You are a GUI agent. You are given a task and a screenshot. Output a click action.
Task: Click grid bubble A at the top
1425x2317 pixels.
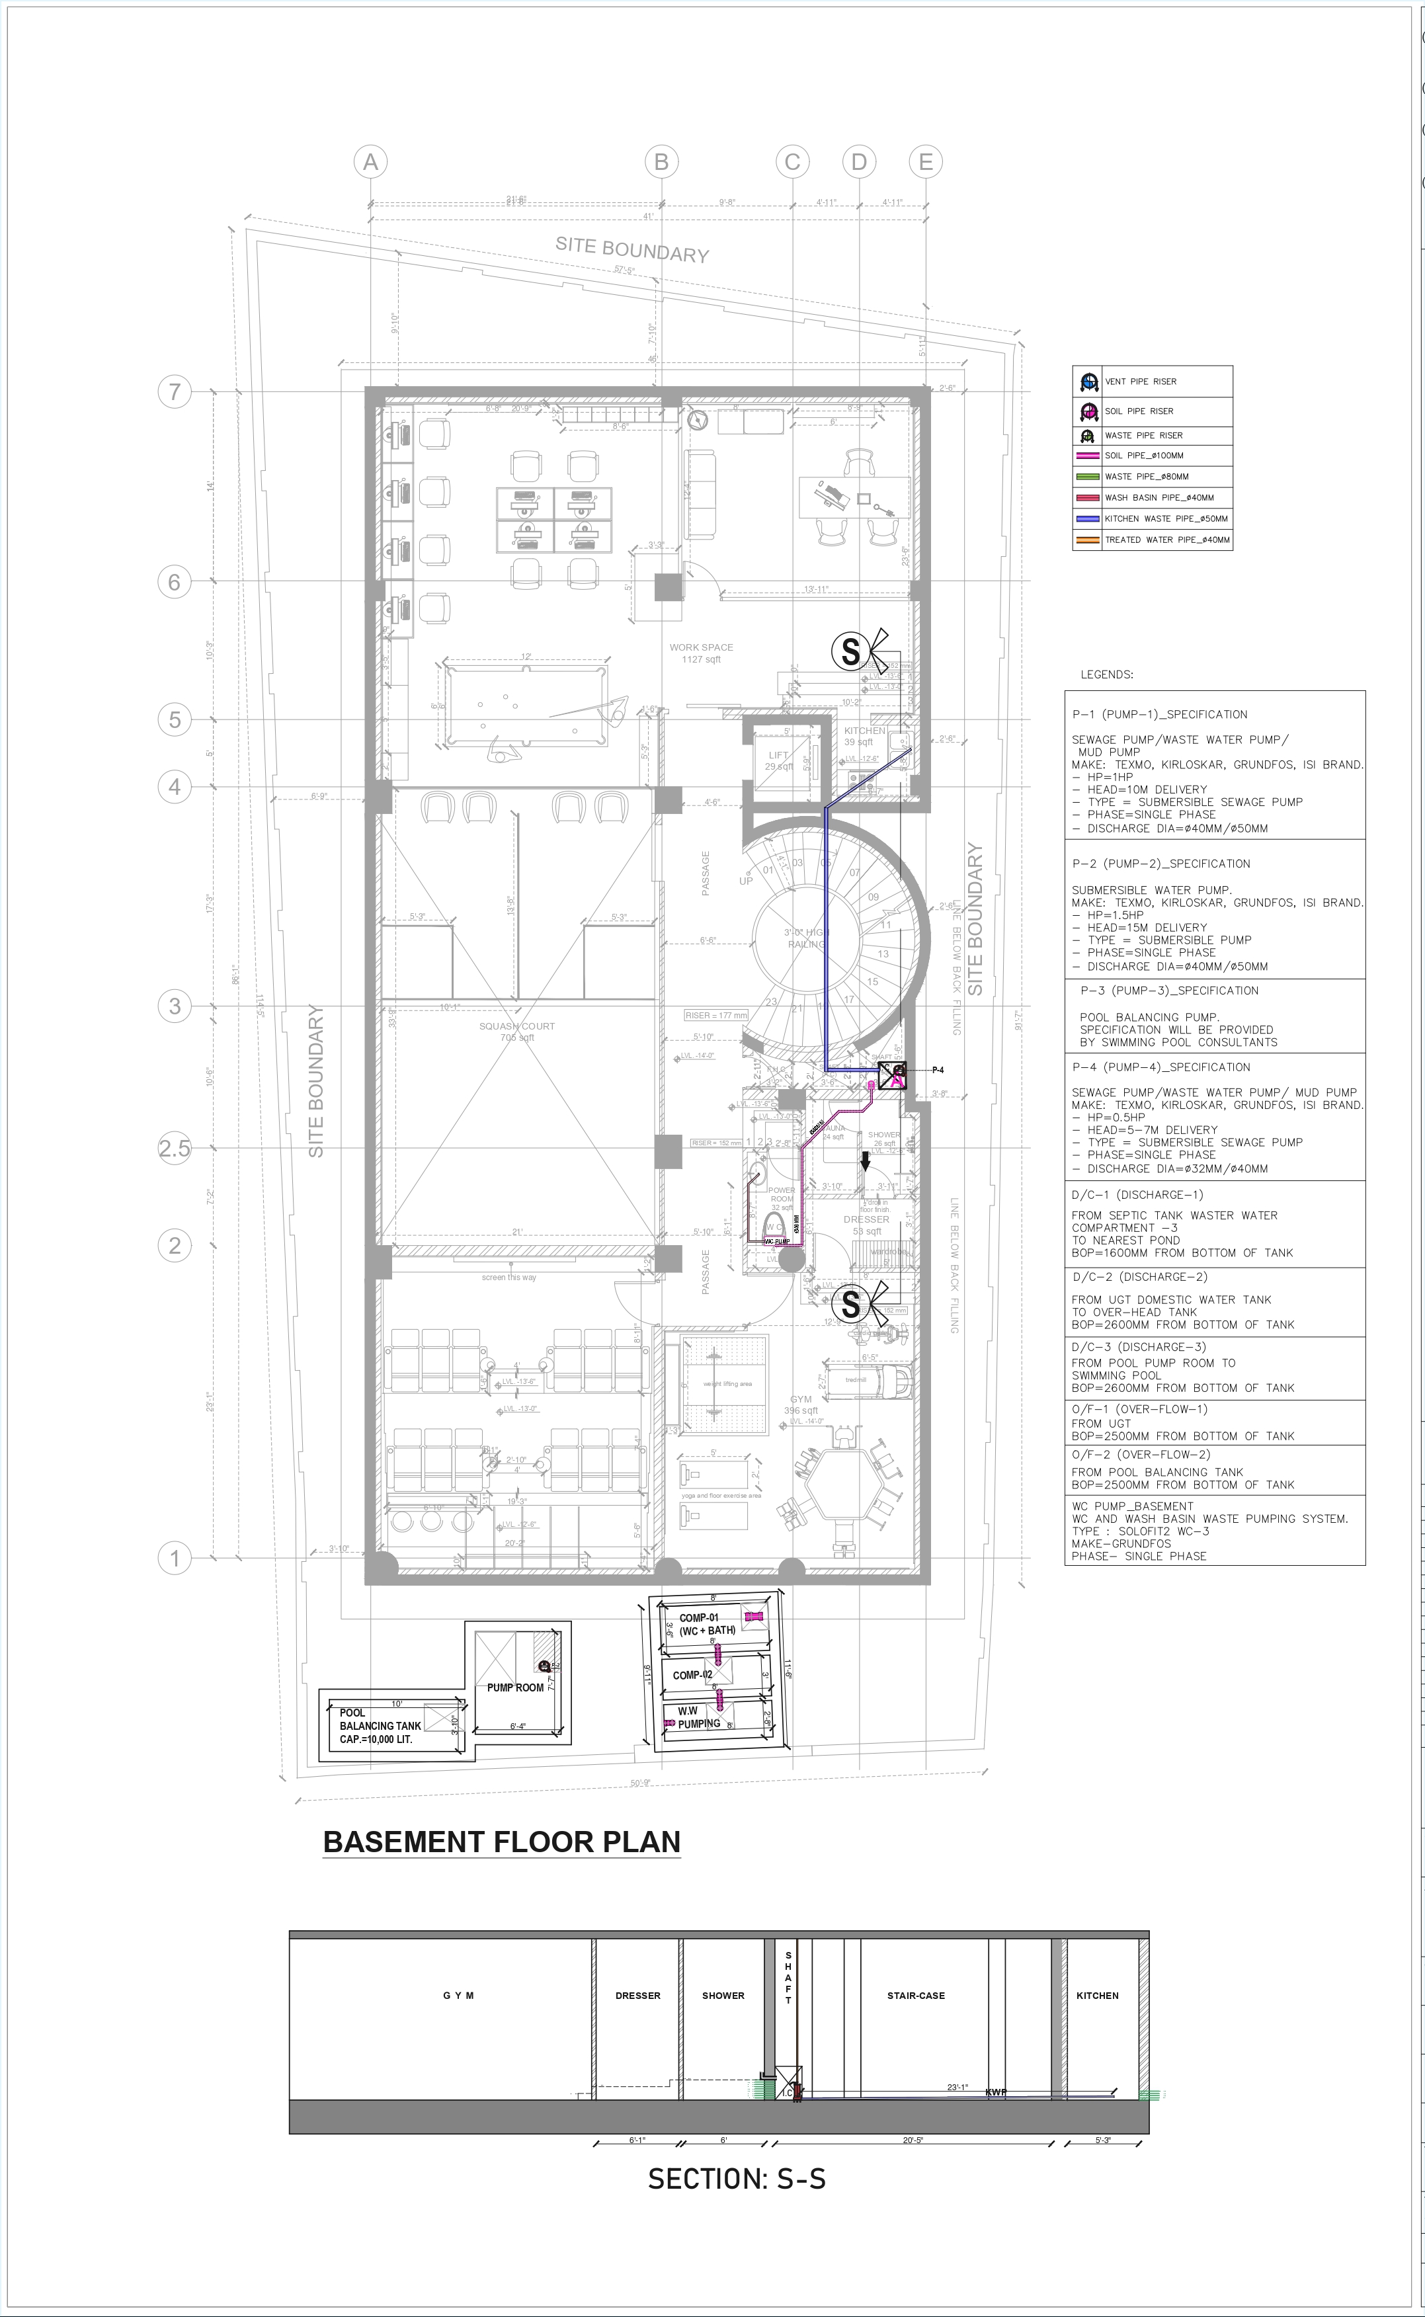370,162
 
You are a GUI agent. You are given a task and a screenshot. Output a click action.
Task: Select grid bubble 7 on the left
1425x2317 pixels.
175,391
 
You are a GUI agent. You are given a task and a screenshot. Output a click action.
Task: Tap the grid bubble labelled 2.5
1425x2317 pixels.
175,1148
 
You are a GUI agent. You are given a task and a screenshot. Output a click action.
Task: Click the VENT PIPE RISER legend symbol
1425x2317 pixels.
1088,382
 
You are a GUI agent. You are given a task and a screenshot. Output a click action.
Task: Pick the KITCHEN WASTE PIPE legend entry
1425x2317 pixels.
1166,519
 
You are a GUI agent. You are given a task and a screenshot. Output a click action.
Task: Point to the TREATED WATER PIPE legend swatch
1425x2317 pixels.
1088,540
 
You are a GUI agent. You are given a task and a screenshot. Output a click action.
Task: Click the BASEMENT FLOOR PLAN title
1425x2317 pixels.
501,1842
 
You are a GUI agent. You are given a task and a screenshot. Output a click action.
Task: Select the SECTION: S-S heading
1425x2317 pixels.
736,2179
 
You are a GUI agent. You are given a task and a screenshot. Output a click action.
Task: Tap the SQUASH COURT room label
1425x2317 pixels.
516,1032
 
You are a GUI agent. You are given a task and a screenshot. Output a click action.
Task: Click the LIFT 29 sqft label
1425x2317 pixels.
778,760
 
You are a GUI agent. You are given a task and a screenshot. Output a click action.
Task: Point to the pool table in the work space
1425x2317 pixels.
526,705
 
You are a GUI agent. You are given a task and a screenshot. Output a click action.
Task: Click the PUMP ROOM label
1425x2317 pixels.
514,1687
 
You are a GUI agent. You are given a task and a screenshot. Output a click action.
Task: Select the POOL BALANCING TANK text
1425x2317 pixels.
380,1727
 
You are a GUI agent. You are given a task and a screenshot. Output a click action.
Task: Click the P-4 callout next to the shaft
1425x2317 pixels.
938,1069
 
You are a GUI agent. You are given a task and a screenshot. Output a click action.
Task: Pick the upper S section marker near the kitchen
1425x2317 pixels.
850,651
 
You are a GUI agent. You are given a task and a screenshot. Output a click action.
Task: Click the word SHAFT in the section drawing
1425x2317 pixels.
788,1978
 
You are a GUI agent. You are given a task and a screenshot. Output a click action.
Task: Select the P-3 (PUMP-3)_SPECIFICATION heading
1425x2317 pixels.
1168,991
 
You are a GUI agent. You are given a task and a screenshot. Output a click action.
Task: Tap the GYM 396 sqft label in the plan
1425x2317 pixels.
800,1405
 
